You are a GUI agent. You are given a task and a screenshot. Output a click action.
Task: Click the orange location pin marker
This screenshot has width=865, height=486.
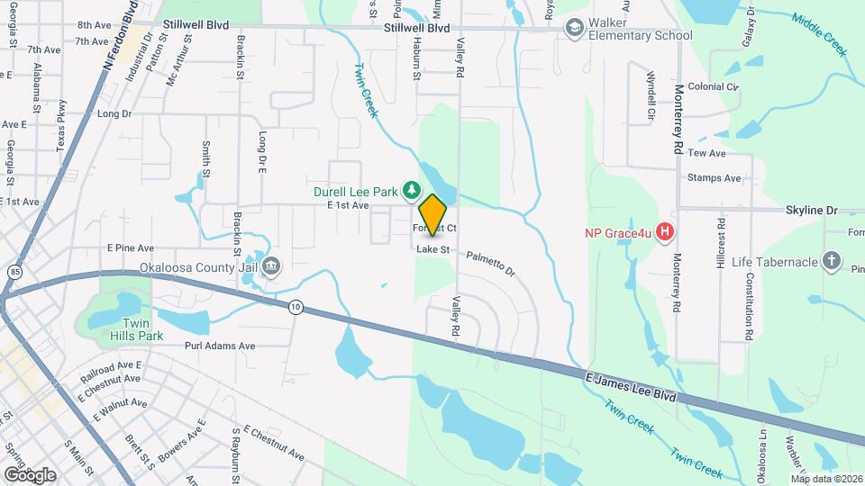433,215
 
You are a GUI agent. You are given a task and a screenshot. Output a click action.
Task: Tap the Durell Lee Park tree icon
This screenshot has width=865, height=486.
411,190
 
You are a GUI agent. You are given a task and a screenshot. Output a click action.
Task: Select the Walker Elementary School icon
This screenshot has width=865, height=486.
574,29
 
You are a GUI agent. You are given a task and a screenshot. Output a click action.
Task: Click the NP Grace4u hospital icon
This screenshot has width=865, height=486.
666,233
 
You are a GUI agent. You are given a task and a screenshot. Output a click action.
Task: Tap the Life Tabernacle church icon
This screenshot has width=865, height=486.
832,262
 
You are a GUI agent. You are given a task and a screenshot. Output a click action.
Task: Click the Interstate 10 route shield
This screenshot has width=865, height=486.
296,308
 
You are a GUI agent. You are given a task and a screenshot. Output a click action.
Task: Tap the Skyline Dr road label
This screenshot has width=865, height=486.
806,210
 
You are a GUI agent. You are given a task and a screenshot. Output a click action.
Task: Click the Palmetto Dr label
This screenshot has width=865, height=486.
490,263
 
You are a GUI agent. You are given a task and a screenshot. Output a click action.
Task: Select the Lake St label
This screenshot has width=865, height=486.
432,249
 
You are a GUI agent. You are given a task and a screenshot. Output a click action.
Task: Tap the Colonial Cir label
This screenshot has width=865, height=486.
713,86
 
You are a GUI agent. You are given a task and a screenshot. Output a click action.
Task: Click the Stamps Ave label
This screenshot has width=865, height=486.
714,178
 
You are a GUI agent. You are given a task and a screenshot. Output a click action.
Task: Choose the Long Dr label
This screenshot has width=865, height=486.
114,114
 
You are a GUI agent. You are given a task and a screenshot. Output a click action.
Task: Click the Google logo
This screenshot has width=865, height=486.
30,474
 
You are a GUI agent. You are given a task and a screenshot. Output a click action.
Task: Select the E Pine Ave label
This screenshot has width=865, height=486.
131,247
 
